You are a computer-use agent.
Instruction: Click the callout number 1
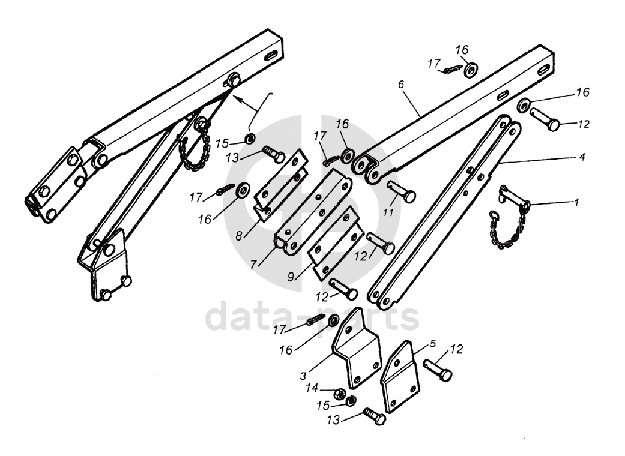(x=576, y=202)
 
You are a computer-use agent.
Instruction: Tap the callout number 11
(x=388, y=213)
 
